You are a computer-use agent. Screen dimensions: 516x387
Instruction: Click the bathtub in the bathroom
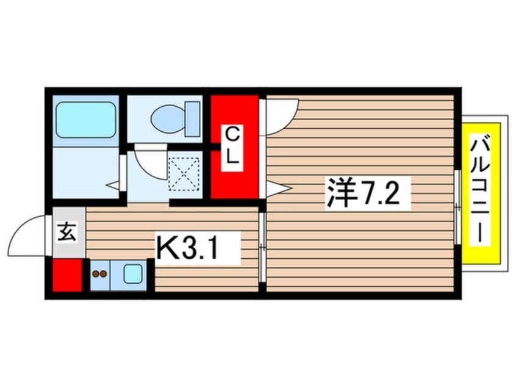point(86,120)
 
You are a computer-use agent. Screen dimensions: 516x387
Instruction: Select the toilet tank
point(193,119)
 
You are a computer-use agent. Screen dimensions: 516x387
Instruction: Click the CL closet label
point(232,148)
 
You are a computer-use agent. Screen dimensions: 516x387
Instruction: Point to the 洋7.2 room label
point(367,193)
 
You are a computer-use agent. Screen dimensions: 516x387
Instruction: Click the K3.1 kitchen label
point(197,248)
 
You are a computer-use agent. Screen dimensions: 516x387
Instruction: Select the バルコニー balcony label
point(480,189)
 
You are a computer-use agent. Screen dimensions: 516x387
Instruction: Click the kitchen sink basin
point(133,274)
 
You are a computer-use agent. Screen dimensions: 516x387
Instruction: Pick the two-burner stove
point(100,274)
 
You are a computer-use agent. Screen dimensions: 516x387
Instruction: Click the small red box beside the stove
point(67,275)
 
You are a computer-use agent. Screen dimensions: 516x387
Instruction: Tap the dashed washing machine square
point(184,174)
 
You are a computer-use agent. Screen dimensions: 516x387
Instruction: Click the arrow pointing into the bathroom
point(113,186)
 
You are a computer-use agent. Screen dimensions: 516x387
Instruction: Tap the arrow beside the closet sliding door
point(279,189)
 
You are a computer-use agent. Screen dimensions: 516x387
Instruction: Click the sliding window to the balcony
point(457,207)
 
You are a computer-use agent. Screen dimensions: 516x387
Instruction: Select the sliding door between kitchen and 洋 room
point(262,247)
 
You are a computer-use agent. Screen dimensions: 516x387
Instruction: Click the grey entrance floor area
point(69,232)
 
